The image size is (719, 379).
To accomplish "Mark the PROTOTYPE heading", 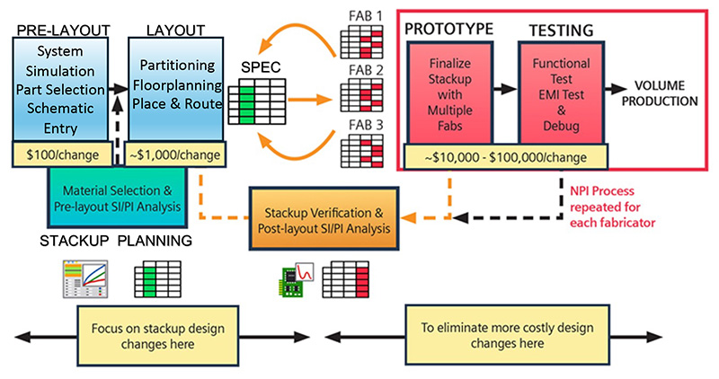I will [x=448, y=30].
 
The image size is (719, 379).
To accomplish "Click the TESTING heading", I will [x=560, y=30].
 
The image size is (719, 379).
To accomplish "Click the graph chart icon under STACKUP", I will [x=85, y=279].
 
